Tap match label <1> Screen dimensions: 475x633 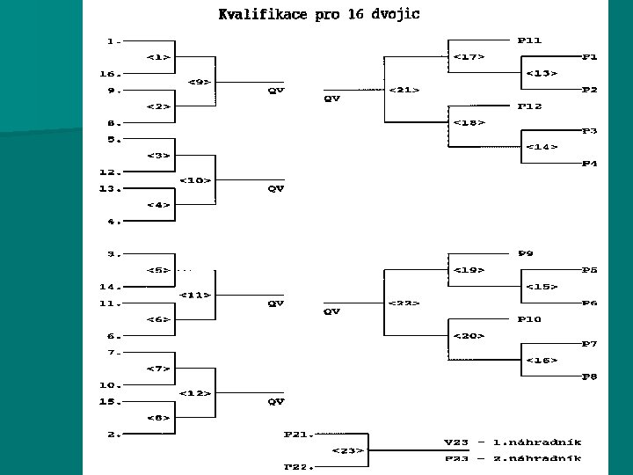pyautogui.click(x=159, y=57)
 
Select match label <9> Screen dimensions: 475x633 pyautogui.click(x=200, y=82)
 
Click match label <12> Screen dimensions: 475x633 pyautogui.click(x=195, y=392)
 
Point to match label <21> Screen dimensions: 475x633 pyautogui.click(x=403, y=90)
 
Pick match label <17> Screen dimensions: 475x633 pyautogui.click(x=469, y=57)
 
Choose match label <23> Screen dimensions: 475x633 pyautogui.click(x=347, y=450)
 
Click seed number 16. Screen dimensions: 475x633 pyautogui.click(x=112, y=74)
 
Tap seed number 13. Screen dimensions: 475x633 pyautogui.click(x=112, y=188)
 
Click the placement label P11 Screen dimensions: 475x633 pyautogui.click(x=530, y=40)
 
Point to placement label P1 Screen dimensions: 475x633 pyautogui.click(x=590, y=57)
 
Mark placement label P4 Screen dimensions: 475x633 pyautogui.click(x=590, y=164)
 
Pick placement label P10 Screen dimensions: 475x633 pyautogui.click(x=530, y=319)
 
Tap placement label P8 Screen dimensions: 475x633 pyautogui.click(x=590, y=376)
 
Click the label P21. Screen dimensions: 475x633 pyautogui.click(x=298, y=434)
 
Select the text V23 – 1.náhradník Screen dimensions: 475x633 pyautogui.click(x=511, y=442)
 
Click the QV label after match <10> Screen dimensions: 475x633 pyautogui.click(x=276, y=188)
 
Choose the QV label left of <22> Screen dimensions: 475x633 pyautogui.click(x=332, y=311)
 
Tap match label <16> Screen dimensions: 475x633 pyautogui.click(x=541, y=360)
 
